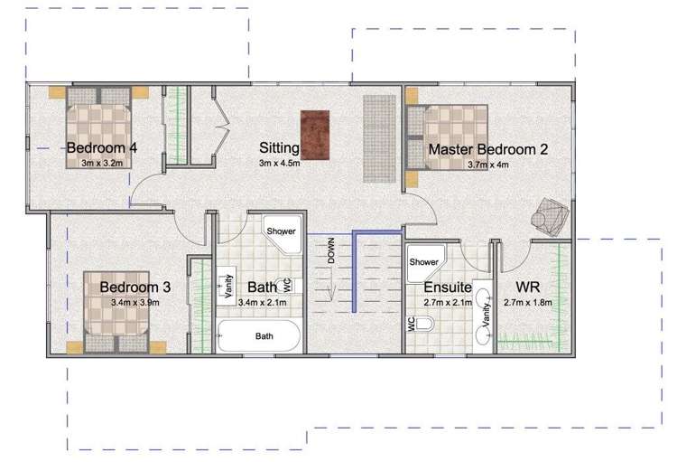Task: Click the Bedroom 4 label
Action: pos(102,147)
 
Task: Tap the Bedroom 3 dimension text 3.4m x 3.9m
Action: pos(135,302)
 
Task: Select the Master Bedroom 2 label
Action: pos(487,149)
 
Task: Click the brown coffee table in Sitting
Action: pos(315,135)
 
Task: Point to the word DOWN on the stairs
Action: pos(331,250)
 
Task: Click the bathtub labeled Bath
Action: pos(259,336)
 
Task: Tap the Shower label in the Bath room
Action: pos(281,231)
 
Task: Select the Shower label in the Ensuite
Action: pos(423,261)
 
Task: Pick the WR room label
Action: pos(528,288)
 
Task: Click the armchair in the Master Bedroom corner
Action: pos(550,217)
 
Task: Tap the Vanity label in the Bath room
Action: pos(229,286)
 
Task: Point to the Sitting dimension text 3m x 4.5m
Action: pos(279,163)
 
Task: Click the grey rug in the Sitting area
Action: pos(379,138)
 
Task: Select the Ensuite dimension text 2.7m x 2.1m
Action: pos(448,302)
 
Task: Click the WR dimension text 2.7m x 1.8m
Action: pos(528,302)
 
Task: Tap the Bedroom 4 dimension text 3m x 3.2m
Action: pos(102,163)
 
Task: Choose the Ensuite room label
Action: pos(448,288)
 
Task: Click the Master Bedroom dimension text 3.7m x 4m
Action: pos(487,165)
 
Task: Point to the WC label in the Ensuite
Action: pos(411,324)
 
